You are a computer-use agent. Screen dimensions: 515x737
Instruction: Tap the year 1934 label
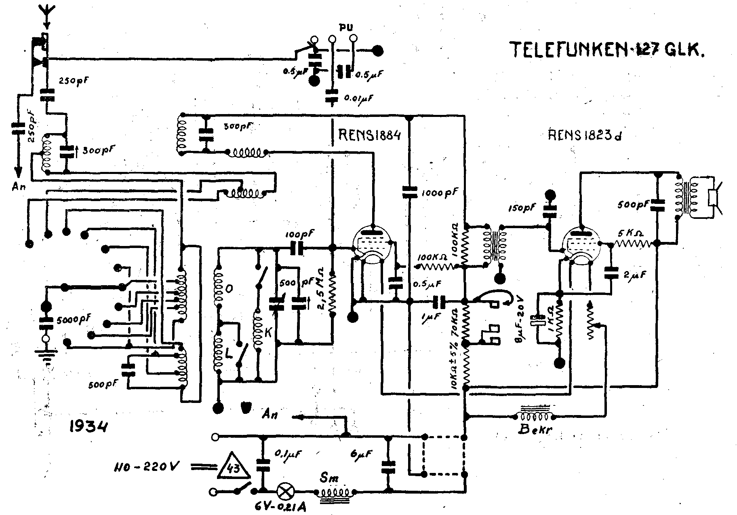[x=88, y=427]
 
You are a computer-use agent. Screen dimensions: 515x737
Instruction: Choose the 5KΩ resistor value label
[x=630, y=234]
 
